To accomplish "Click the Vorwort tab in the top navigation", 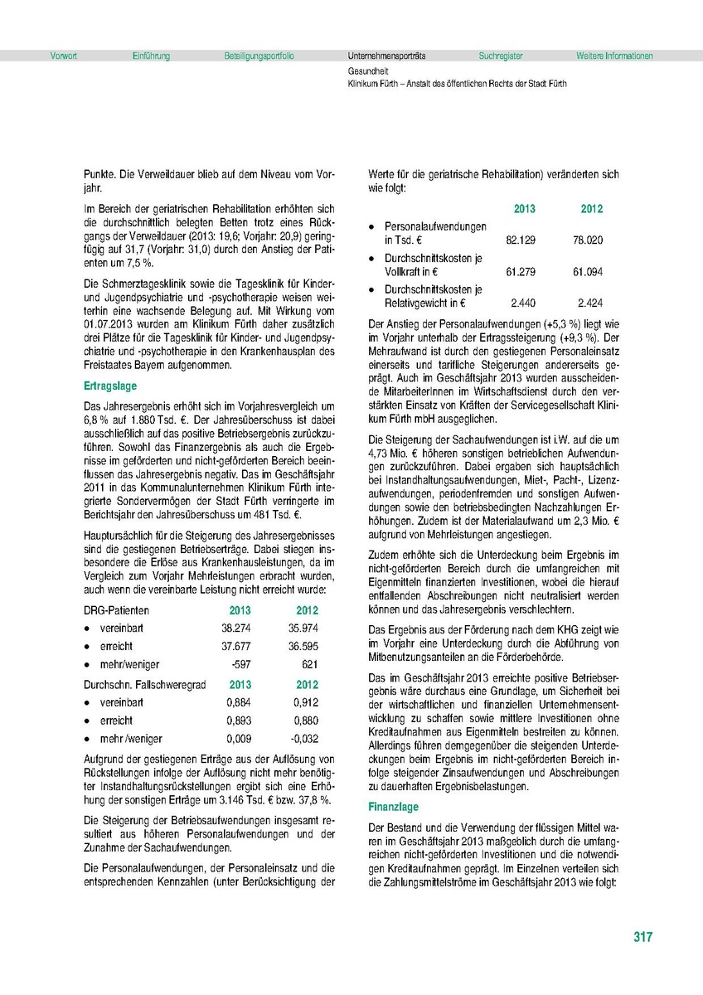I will [x=64, y=56].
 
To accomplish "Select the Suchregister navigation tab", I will [x=501, y=56].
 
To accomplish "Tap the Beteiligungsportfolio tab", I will [x=259, y=56].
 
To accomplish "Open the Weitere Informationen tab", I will [x=614, y=56].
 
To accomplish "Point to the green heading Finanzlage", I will [x=394, y=807].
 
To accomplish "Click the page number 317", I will [x=642, y=937].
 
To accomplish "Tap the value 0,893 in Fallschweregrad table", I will [x=239, y=721].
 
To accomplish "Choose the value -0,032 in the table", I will [x=304, y=739].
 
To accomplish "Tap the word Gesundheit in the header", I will [x=369, y=72].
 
